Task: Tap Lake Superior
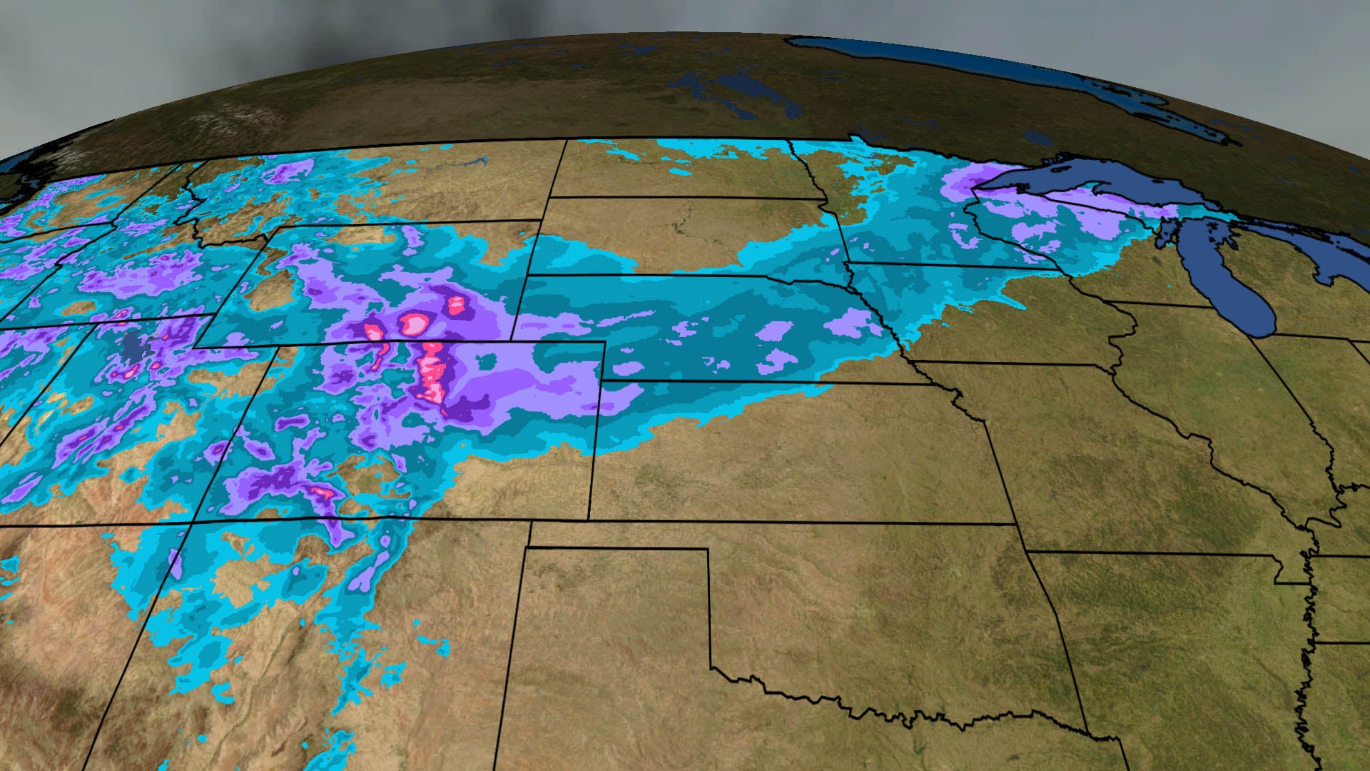1070,186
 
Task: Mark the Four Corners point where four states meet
191,523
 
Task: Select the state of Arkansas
1177,642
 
